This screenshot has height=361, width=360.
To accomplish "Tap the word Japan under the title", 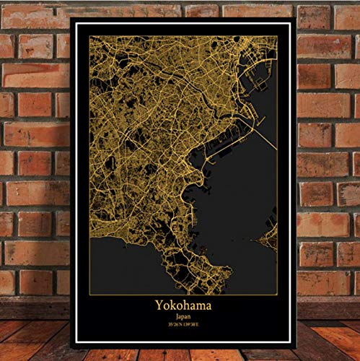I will coord(183,316).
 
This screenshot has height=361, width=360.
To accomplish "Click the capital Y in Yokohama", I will coord(158,305).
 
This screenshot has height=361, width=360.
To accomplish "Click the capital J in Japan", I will coord(176,316).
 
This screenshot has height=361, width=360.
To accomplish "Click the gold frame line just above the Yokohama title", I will coord(183,294).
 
